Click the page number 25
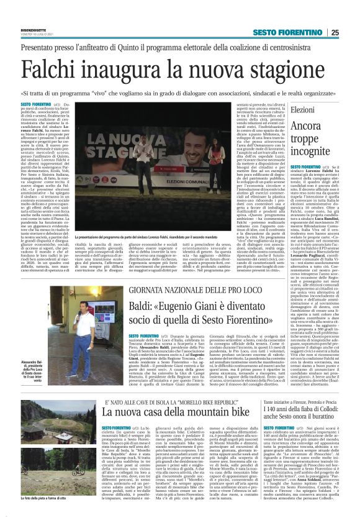pyautogui.click(x=352, y=33)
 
